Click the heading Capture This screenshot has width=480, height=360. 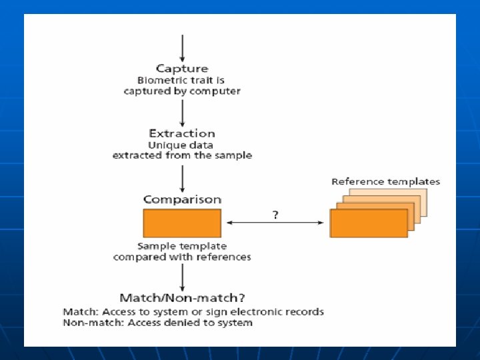182,68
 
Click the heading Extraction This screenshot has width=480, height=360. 182,133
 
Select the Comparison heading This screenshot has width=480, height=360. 182,199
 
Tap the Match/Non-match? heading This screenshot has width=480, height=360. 182,297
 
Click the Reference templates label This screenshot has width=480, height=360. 385,181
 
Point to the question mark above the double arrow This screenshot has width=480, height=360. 275,215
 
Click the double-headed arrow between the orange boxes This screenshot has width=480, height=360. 275,223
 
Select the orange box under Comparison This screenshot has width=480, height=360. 182,223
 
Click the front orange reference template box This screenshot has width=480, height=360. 369,223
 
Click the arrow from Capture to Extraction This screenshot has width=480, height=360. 182,112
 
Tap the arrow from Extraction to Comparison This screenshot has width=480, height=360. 182,177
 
